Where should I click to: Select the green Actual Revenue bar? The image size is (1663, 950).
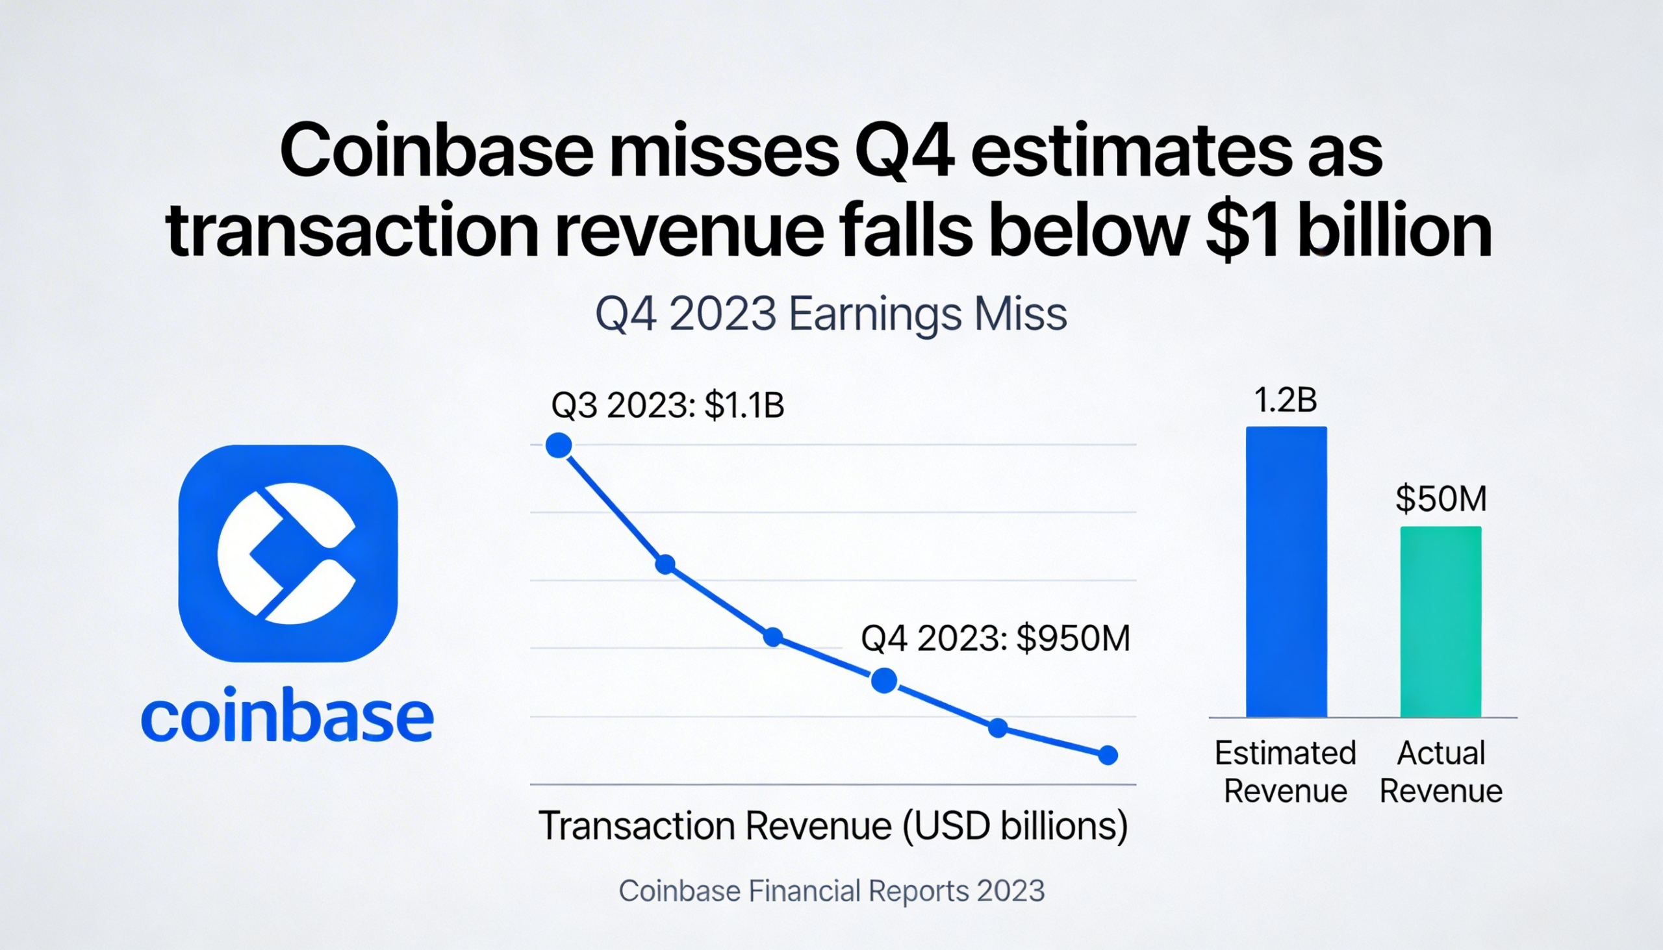(x=1440, y=621)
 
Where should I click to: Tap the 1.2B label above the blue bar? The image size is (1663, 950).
(x=1285, y=400)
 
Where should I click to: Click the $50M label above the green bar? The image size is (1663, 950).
(x=1441, y=499)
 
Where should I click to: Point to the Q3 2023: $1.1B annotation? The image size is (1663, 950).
(x=667, y=405)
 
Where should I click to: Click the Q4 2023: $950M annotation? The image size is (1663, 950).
(x=995, y=638)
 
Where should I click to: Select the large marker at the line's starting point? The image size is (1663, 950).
(x=559, y=445)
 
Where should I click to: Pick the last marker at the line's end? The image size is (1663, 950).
(x=1108, y=756)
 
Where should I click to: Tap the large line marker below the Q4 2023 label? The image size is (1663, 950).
(x=883, y=681)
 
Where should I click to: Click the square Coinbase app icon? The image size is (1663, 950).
(x=288, y=553)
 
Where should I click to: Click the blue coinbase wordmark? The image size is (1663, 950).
(x=287, y=716)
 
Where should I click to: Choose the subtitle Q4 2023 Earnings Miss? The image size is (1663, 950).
(x=831, y=314)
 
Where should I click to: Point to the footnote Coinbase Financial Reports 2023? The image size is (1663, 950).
(x=831, y=891)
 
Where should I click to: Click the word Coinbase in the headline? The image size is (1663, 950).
(x=436, y=152)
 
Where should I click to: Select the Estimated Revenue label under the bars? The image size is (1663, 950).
(x=1285, y=772)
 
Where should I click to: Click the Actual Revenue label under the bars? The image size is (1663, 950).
(x=1440, y=772)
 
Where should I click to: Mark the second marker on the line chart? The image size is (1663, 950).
(x=665, y=564)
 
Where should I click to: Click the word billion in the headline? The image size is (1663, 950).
(x=1395, y=232)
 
